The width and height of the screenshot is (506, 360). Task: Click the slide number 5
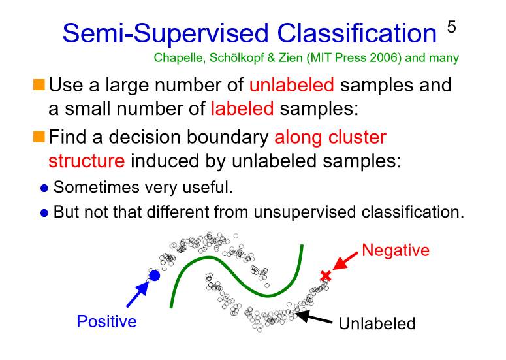point(451,27)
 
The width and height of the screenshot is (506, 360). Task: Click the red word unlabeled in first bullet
point(291,86)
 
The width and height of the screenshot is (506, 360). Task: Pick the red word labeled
point(242,108)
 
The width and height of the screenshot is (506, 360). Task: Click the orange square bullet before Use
point(39,85)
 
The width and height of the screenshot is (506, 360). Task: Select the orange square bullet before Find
point(39,137)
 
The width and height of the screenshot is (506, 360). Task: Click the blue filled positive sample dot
point(155,276)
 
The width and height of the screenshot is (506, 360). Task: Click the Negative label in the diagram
point(395,250)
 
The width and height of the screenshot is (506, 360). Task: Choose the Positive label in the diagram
point(106,321)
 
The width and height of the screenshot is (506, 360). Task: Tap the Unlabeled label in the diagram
point(377,323)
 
